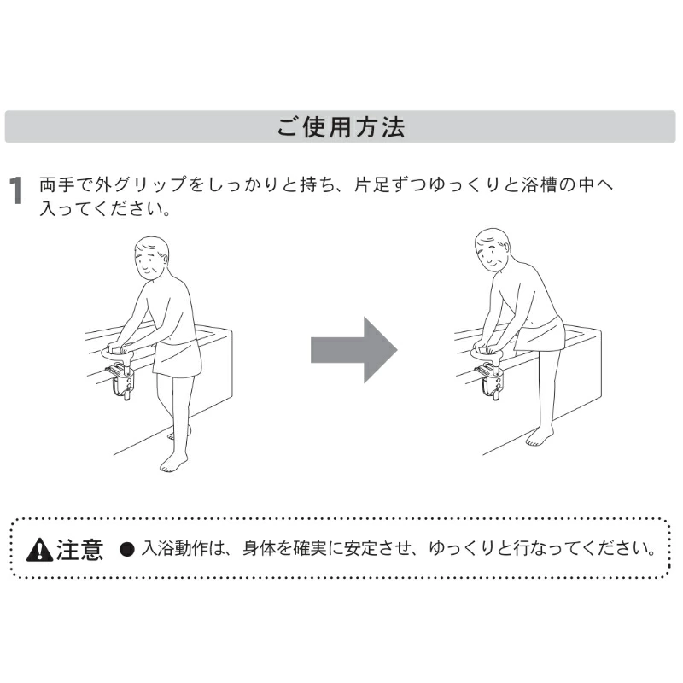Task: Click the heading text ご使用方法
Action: (x=341, y=126)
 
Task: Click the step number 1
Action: (x=16, y=190)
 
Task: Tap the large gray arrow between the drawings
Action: (x=353, y=350)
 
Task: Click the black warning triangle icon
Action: (x=39, y=549)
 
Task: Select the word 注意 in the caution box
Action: (x=79, y=549)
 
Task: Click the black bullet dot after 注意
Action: (x=126, y=549)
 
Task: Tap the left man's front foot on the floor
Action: (x=173, y=463)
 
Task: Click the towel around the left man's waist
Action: (x=178, y=357)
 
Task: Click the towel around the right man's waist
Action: (x=540, y=333)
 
